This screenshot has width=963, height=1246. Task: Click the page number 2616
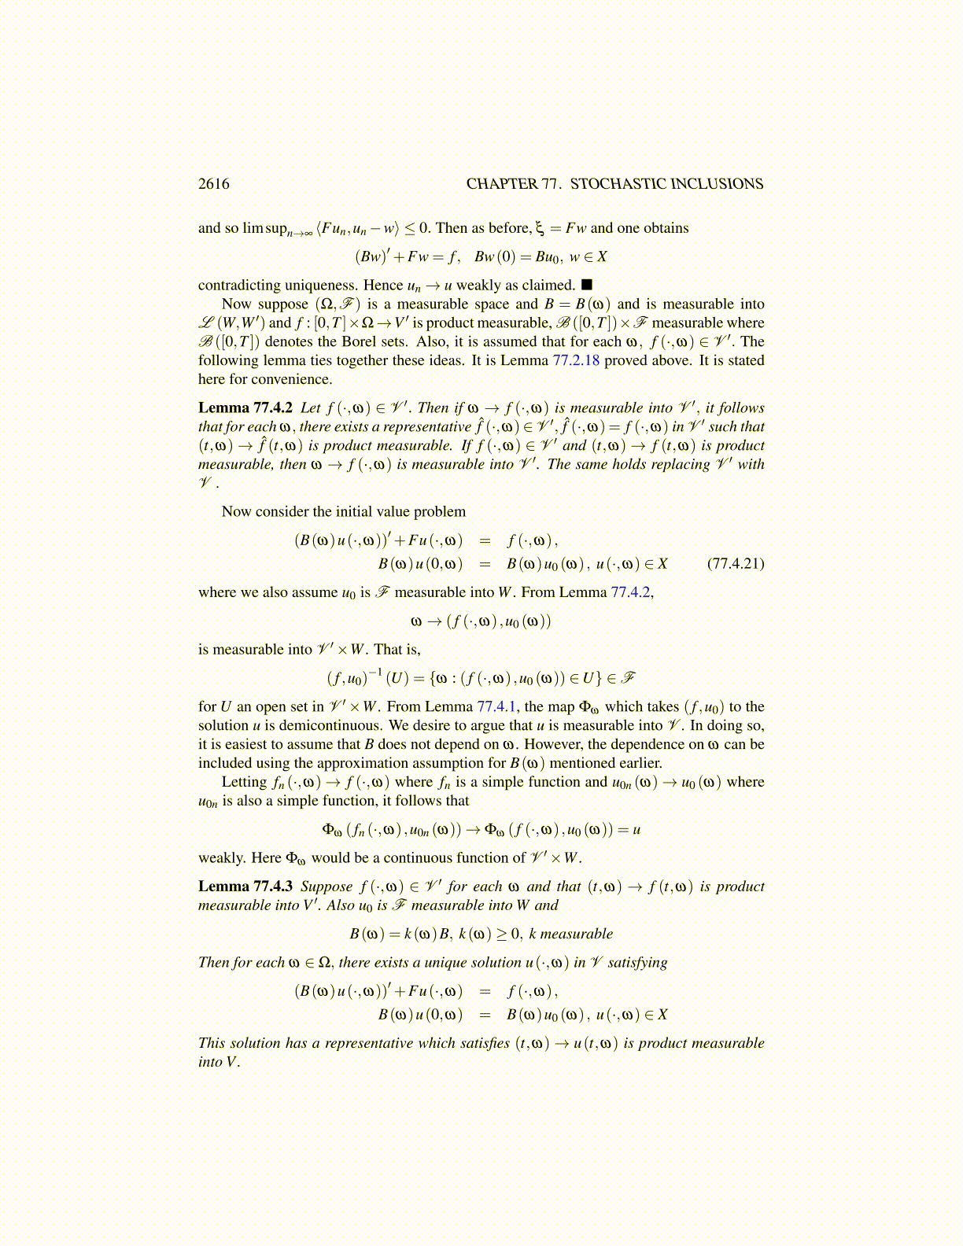[213, 184]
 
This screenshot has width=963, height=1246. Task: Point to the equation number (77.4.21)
[736, 563]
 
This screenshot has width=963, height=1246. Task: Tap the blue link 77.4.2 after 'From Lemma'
[630, 592]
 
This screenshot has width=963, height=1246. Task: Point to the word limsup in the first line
[265, 228]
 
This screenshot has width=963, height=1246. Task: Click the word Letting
[244, 782]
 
